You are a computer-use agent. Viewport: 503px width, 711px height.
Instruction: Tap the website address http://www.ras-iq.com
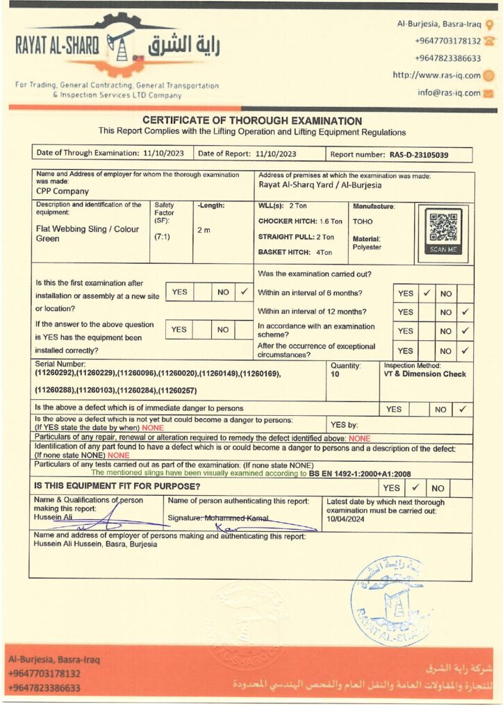[436, 76]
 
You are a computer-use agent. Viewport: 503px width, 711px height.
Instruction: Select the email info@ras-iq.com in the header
[449, 93]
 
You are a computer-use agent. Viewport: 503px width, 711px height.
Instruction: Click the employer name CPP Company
[63, 191]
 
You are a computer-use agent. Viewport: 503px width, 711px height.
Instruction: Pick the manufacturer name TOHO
[363, 222]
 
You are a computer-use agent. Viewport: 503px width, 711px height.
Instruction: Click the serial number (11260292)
[55, 374]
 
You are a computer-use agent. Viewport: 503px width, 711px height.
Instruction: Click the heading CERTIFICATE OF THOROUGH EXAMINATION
[252, 121]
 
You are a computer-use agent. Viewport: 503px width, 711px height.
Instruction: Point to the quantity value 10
[336, 374]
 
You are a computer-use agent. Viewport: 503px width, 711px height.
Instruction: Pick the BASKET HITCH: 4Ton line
[295, 252]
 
